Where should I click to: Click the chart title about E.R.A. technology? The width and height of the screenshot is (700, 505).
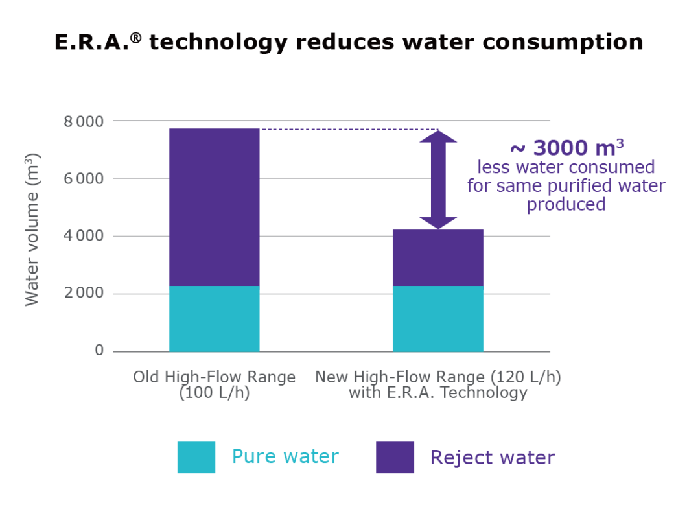click(349, 43)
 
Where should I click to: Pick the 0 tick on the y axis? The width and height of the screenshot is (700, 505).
click(99, 351)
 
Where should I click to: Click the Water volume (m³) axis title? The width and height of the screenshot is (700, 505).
click(32, 229)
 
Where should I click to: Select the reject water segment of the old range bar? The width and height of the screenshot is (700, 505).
click(214, 207)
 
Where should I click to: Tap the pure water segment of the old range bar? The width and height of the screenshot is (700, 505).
click(214, 318)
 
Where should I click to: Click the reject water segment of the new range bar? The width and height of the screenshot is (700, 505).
click(438, 257)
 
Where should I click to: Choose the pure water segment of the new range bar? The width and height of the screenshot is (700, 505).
click(438, 318)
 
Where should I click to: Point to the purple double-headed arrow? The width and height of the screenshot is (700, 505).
click(438, 180)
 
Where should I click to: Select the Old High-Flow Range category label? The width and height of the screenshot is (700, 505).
click(214, 384)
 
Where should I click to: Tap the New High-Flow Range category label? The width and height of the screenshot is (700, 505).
click(438, 384)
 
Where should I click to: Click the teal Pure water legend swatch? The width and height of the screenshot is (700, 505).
click(196, 457)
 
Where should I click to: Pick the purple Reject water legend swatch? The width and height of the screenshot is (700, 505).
click(395, 457)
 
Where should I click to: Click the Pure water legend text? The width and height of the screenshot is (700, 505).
click(285, 456)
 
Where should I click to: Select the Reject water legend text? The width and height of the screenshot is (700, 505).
click(493, 457)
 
